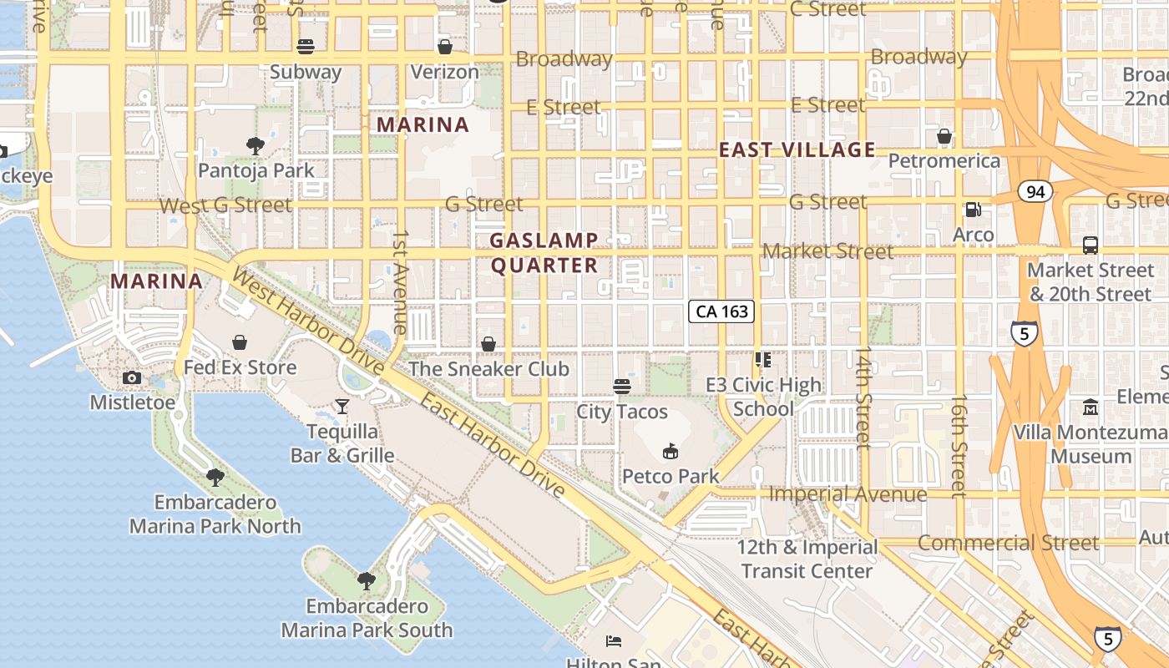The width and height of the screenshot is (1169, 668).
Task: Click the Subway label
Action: click(x=306, y=72)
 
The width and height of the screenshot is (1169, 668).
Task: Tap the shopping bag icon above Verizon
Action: click(x=445, y=47)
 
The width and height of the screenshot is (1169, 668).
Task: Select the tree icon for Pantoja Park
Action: click(x=256, y=146)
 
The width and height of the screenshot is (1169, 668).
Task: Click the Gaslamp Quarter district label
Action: click(x=544, y=253)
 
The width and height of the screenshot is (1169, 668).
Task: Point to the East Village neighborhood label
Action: click(x=797, y=150)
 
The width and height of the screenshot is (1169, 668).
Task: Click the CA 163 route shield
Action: click(x=721, y=311)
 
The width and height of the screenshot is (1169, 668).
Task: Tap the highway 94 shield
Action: click(x=1035, y=192)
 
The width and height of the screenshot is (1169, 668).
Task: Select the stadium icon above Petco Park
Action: click(x=670, y=452)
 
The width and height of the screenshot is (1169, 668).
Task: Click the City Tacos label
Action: click(x=622, y=412)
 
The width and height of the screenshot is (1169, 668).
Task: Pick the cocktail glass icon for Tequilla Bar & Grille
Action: click(x=342, y=407)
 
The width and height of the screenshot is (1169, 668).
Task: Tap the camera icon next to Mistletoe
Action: click(x=131, y=378)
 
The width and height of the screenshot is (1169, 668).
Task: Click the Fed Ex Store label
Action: click(x=240, y=367)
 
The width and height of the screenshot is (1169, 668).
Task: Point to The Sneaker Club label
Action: click(x=488, y=369)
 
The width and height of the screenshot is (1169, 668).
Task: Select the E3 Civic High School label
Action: click(x=763, y=397)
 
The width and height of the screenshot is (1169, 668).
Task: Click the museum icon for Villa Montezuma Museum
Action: click(x=1091, y=407)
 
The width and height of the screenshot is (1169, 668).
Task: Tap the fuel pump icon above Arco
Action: click(x=973, y=210)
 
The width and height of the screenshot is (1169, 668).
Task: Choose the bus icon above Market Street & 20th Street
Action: click(x=1090, y=245)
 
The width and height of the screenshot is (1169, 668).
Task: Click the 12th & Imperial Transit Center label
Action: click(x=807, y=559)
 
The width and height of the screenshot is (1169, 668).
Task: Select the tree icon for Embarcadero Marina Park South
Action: click(x=366, y=580)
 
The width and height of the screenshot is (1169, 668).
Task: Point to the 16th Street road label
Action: click(x=959, y=447)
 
